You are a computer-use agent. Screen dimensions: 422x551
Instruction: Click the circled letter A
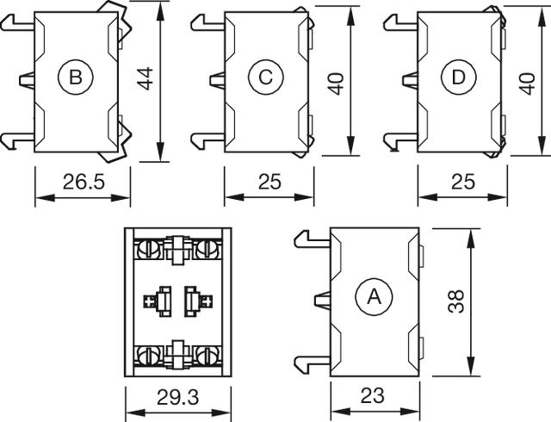coord(374,297)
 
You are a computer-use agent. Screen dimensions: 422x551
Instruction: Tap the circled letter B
coord(75,78)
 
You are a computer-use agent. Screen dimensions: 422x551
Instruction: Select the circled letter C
coord(265,78)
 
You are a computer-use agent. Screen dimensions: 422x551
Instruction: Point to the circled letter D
coord(458,78)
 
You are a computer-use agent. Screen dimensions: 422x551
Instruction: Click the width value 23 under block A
coord(372,395)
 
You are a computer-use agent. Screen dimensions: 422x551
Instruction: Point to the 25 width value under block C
coord(269,182)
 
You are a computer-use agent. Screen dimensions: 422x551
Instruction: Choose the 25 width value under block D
coord(463,182)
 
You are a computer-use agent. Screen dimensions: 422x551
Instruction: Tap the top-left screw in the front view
coord(148,249)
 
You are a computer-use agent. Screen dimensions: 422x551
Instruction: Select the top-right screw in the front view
coord(206,249)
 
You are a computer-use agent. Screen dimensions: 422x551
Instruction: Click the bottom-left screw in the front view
coord(148,353)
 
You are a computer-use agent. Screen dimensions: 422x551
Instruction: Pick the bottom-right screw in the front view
coord(206,353)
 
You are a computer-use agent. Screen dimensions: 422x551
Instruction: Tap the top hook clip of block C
coord(202,21)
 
